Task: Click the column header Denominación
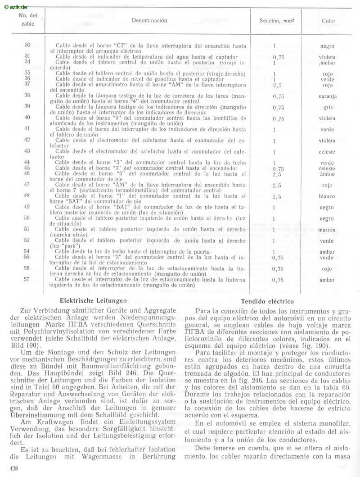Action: pyautogui.click(x=149, y=21)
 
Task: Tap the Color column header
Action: pyautogui.click(x=328, y=21)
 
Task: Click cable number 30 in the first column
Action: pyautogui.click(x=27, y=45)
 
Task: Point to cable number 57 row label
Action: pyautogui.click(x=27, y=279)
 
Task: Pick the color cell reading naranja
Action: pyautogui.click(x=328, y=96)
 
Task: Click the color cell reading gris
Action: pyautogui.click(x=328, y=108)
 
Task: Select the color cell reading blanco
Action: pyautogui.click(x=328, y=196)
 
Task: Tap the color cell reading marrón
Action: pyautogui.click(x=328, y=230)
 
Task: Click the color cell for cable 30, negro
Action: pyautogui.click(x=328, y=46)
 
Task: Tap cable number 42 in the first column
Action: pyautogui.click(x=27, y=140)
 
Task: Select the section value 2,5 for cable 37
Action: pyautogui.click(x=277, y=85)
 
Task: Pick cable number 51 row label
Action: pyautogui.click(x=27, y=229)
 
